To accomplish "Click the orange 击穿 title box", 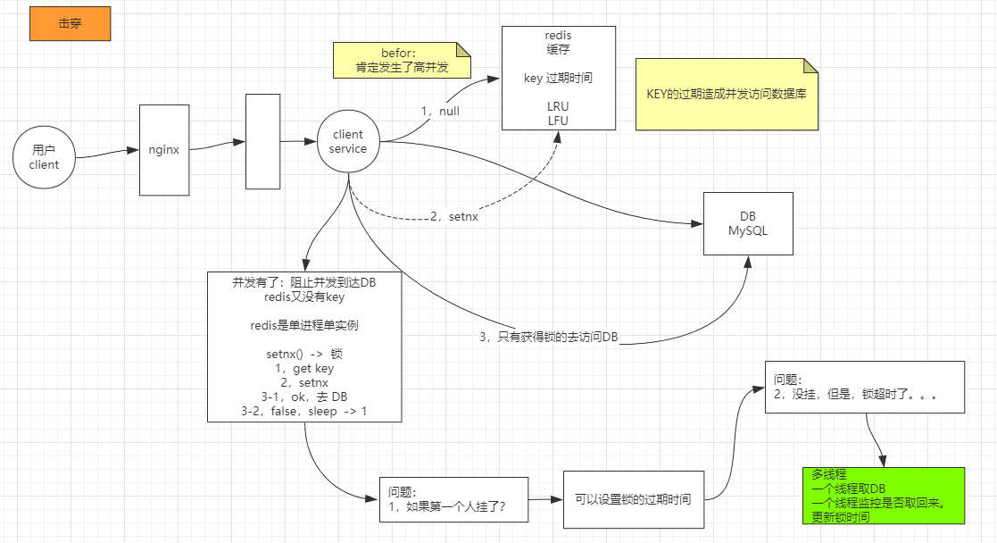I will pyautogui.click(x=70, y=24).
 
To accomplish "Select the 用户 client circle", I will pyautogui.click(x=44, y=157).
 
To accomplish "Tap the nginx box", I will pyautogui.click(x=163, y=150).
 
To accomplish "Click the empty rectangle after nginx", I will pyautogui.click(x=262, y=141).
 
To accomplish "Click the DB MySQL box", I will pyautogui.click(x=747, y=224).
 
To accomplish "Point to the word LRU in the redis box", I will pyautogui.click(x=558, y=106).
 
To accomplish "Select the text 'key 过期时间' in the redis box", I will pyautogui.click(x=558, y=79).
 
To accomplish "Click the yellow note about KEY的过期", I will pyautogui.click(x=727, y=95).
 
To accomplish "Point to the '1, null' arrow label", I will pyautogui.click(x=440, y=112).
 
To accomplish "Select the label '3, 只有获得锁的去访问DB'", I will pyautogui.click(x=548, y=337).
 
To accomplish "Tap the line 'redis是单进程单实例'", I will pyautogui.click(x=303, y=325).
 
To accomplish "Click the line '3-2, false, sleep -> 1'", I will pyautogui.click(x=303, y=411).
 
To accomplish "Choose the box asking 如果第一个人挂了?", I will pyautogui.click(x=453, y=499).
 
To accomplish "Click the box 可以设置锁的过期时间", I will pyautogui.click(x=633, y=499).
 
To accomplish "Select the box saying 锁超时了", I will pyautogui.click(x=864, y=387).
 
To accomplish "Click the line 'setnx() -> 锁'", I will pyautogui.click(x=303, y=354).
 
